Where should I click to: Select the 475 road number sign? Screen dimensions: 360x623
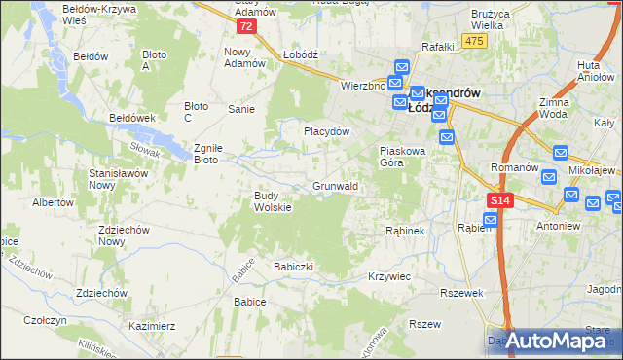pyautogui.click(x=474, y=40)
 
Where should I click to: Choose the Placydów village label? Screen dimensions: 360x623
pyautogui.click(x=325, y=130)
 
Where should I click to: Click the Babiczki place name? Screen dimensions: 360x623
pyautogui.click(x=298, y=266)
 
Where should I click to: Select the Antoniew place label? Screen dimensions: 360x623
pyautogui.click(x=557, y=226)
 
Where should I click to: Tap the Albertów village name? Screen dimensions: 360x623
pyautogui.click(x=54, y=203)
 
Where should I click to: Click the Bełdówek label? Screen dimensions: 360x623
pyautogui.click(x=133, y=117)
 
